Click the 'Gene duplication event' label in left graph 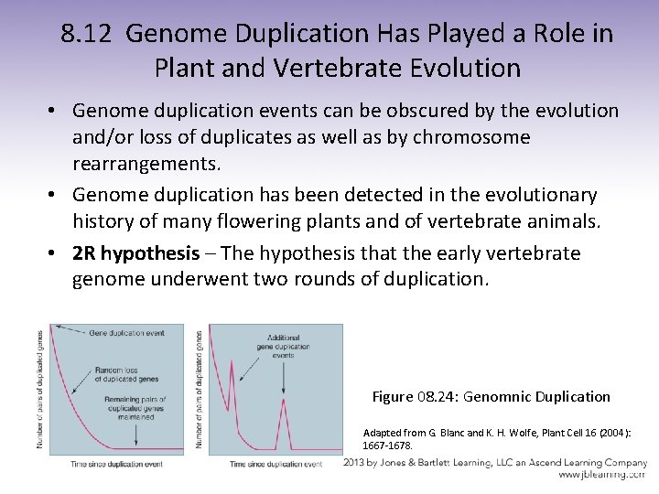click(x=126, y=332)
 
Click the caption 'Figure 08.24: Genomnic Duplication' click(x=491, y=397)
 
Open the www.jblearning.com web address click(x=602, y=475)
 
